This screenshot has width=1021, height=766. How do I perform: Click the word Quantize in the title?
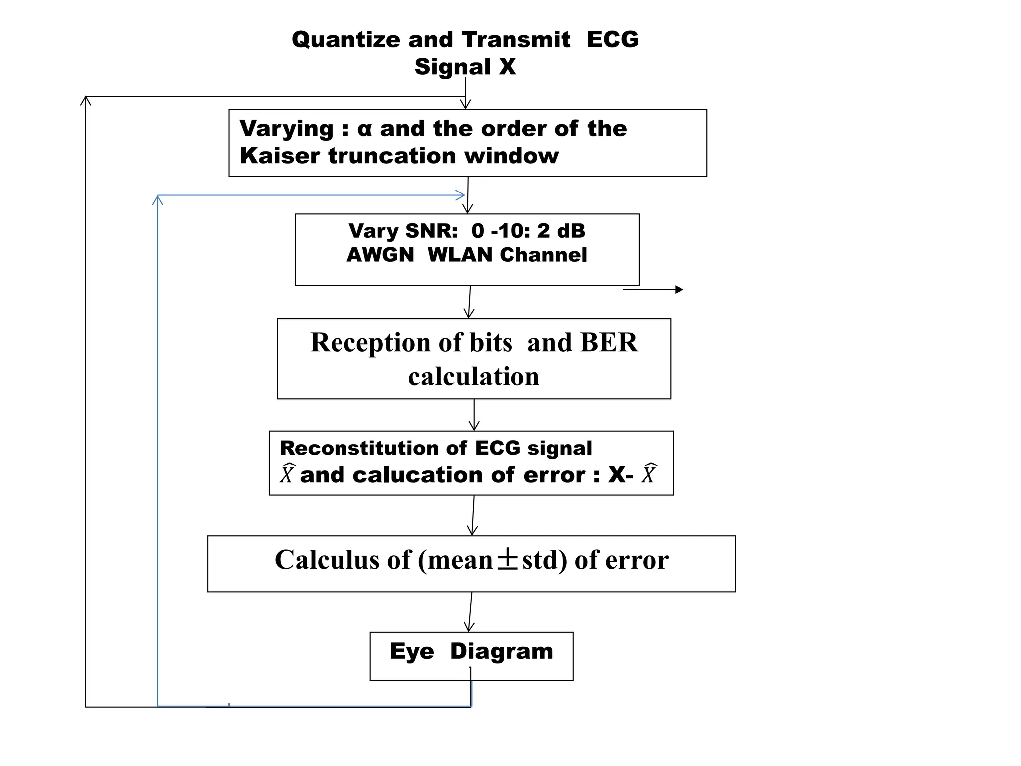click(x=346, y=40)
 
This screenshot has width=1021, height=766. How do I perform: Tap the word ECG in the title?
click(x=612, y=40)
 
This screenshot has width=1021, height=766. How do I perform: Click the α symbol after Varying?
click(x=364, y=129)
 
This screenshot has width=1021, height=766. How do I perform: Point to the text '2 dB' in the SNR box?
click(x=561, y=231)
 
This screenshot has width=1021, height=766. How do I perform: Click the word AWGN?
click(x=380, y=255)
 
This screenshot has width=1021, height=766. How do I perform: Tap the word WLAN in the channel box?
click(x=459, y=255)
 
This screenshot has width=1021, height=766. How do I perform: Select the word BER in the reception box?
click(x=609, y=343)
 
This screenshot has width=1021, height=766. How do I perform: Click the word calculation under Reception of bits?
click(x=473, y=377)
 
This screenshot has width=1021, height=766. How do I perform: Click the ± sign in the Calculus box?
click(x=508, y=560)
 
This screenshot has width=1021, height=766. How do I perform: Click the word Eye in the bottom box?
click(x=412, y=651)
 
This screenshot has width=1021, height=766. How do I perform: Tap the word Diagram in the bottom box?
click(x=502, y=651)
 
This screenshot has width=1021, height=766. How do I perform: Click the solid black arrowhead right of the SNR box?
click(x=679, y=289)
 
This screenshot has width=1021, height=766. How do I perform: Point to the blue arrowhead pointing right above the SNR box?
click(x=460, y=195)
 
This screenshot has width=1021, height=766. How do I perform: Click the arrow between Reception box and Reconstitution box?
click(x=474, y=415)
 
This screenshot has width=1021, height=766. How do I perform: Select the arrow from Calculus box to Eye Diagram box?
click(x=470, y=612)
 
